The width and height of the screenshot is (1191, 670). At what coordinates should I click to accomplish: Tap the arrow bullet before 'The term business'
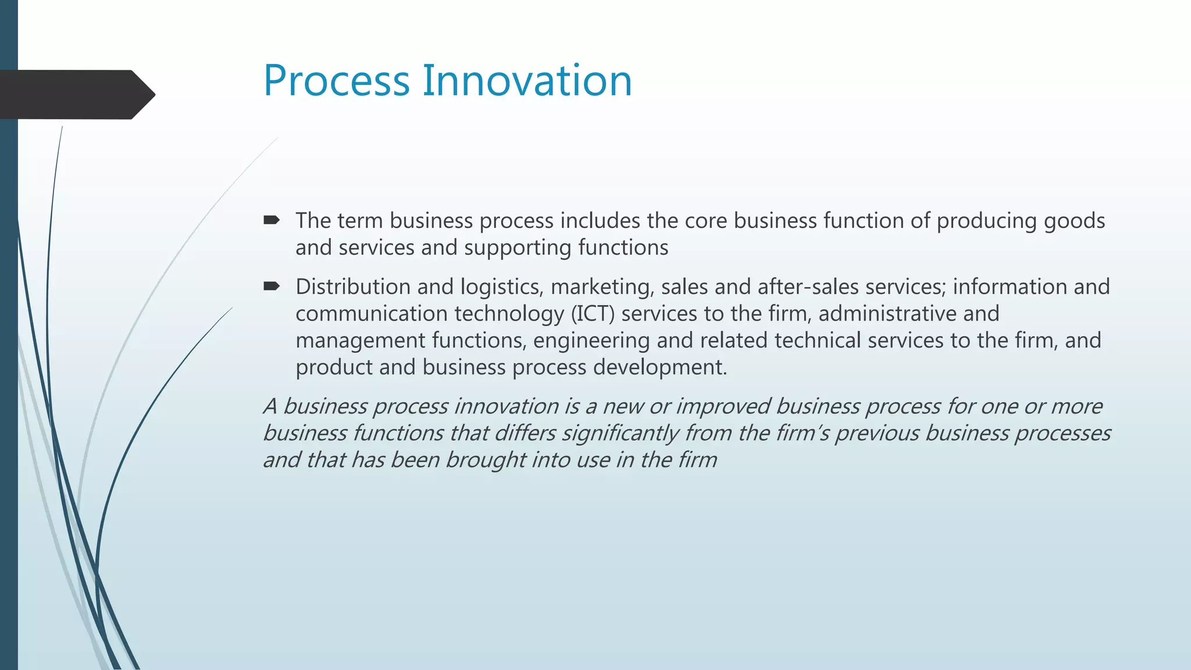click(271, 220)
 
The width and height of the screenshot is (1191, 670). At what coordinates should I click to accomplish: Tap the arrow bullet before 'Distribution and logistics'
click(271, 286)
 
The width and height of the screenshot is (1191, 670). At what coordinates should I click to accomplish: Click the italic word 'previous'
click(877, 434)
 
